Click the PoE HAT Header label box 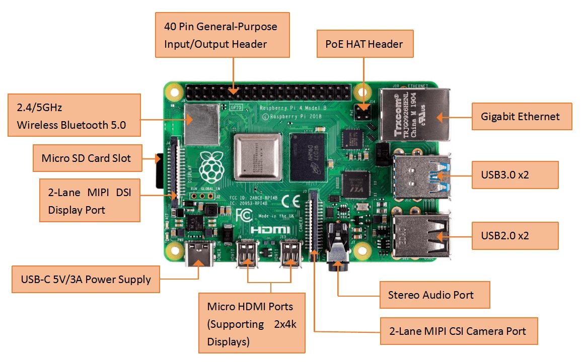coord(364,44)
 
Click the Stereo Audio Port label coord(434,295)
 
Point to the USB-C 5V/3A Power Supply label coord(86,280)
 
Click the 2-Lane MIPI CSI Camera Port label coord(458,331)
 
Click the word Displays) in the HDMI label coord(228,342)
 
